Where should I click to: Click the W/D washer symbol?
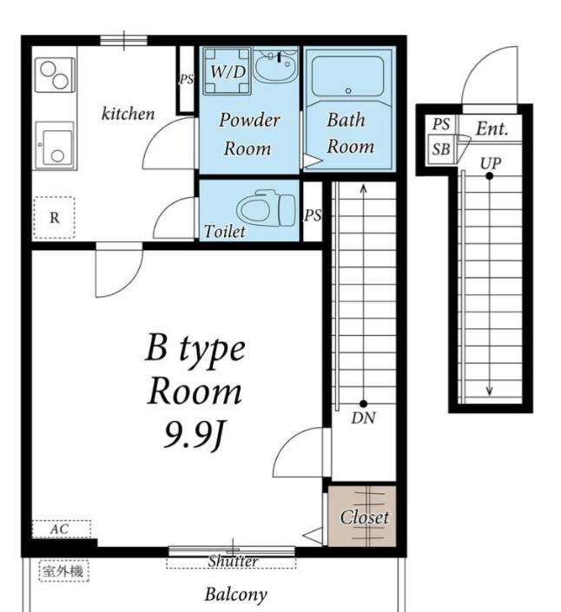228,71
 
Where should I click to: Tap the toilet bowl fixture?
267,209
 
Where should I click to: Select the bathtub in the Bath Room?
348,77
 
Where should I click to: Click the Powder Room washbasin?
275,65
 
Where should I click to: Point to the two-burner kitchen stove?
55,76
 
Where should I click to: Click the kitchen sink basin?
55,146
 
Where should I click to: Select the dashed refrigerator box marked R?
54,217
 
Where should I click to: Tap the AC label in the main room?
59,530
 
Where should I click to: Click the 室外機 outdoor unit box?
63,571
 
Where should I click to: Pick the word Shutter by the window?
233,562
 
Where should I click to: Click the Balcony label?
236,594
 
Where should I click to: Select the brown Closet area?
362,516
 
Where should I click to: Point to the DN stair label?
363,418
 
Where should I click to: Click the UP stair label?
491,163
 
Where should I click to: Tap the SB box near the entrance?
441,149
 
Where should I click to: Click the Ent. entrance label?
492,128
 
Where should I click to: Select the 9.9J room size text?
195,435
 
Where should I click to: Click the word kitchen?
128,114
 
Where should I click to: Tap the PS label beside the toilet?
313,215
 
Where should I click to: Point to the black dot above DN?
364,404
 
